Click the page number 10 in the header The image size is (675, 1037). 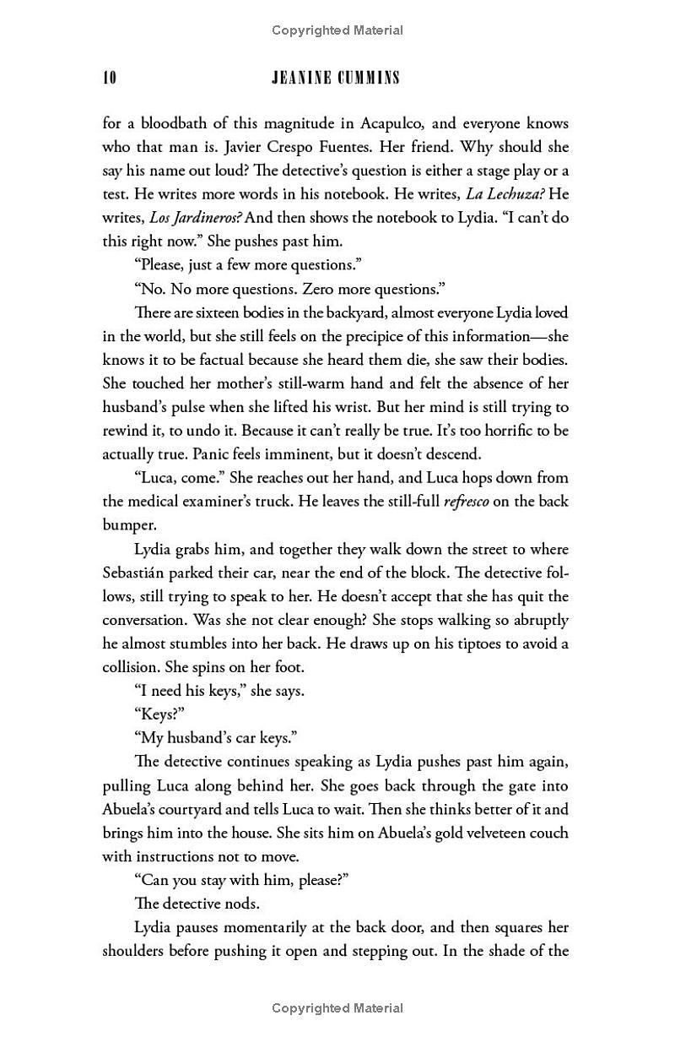pos(110,78)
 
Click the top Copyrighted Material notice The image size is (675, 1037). pos(337,30)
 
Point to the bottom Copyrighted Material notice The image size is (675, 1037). pos(337,1007)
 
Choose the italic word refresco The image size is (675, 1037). pos(465,501)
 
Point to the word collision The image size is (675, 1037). pos(132,666)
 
